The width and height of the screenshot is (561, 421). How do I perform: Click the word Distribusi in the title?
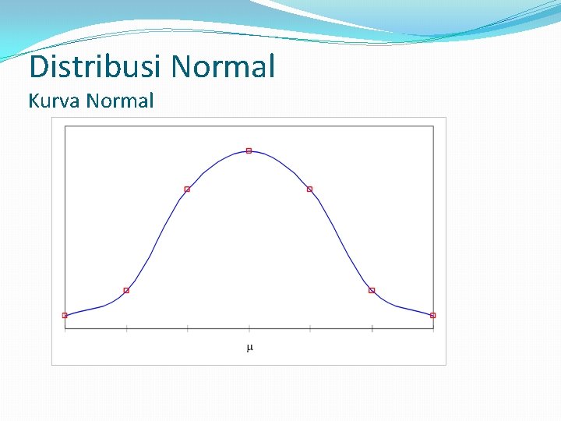(96, 67)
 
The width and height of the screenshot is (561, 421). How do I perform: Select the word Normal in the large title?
(223, 67)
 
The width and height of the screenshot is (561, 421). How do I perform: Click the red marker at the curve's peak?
(249, 150)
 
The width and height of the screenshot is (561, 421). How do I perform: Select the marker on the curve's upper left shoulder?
(187, 189)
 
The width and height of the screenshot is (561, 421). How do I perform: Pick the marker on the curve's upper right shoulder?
(309, 189)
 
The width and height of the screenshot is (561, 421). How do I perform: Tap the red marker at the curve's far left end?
(65, 316)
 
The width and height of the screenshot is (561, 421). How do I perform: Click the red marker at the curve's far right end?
(433, 316)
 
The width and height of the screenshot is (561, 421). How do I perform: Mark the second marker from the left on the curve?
(126, 291)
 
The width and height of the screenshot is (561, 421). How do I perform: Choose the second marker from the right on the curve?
(372, 291)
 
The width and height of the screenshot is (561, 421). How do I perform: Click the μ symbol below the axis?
(249, 347)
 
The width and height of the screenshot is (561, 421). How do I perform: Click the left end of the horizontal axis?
(65, 329)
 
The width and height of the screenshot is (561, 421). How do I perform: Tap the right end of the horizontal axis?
(433, 329)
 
